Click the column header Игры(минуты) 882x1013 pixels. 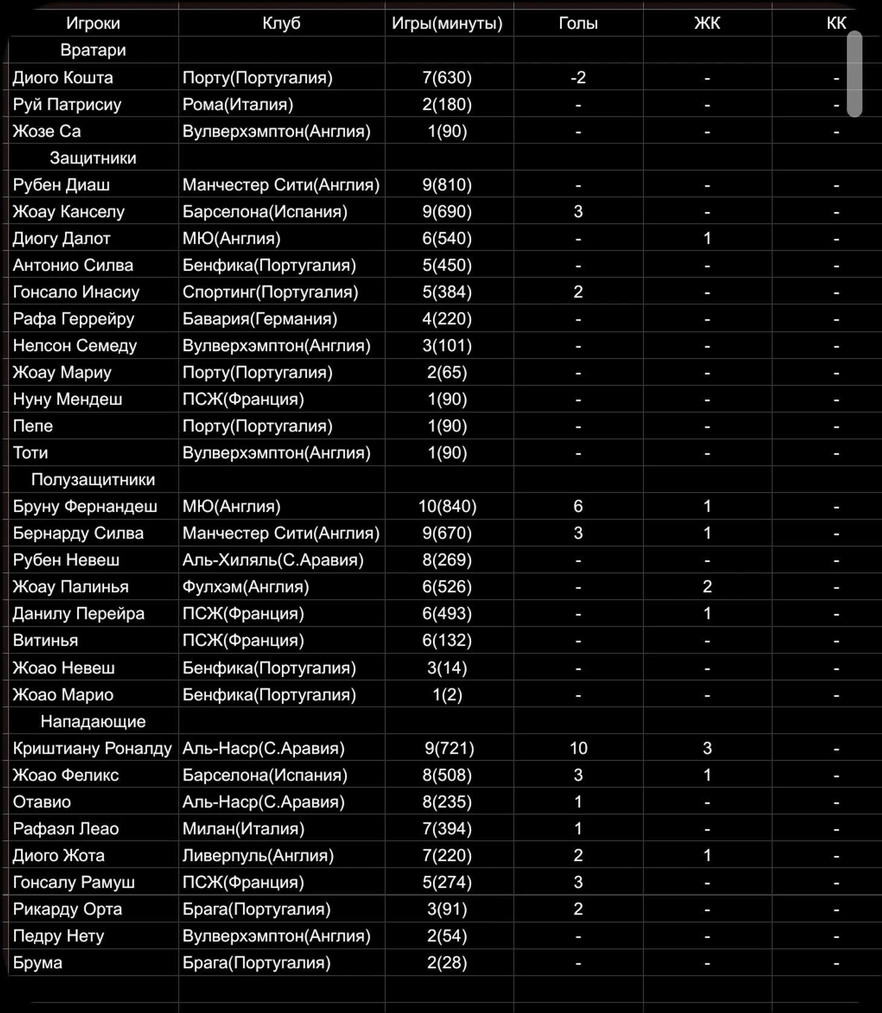click(x=447, y=23)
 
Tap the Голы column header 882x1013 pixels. click(x=578, y=23)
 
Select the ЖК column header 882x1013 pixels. click(x=707, y=23)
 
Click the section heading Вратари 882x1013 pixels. click(x=93, y=50)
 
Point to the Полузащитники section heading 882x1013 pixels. click(x=93, y=479)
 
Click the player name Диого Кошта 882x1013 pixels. click(x=63, y=77)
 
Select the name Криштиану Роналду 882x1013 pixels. click(x=92, y=748)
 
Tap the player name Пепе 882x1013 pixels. click(x=33, y=426)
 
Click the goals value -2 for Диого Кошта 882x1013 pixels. click(x=578, y=77)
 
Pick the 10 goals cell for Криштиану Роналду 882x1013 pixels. click(x=578, y=748)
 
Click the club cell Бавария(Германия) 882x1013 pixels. click(x=260, y=319)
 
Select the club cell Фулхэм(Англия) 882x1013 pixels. click(x=246, y=587)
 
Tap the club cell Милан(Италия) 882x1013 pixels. click(x=243, y=829)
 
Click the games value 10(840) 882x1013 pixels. click(x=447, y=506)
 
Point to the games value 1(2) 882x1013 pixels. click(x=447, y=694)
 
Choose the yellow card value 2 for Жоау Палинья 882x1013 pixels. click(x=707, y=587)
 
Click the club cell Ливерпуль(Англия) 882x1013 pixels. click(x=258, y=855)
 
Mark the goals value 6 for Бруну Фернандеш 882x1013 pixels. click(x=578, y=506)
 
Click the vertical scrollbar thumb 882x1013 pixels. click(x=854, y=74)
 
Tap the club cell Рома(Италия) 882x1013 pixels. click(x=238, y=105)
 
